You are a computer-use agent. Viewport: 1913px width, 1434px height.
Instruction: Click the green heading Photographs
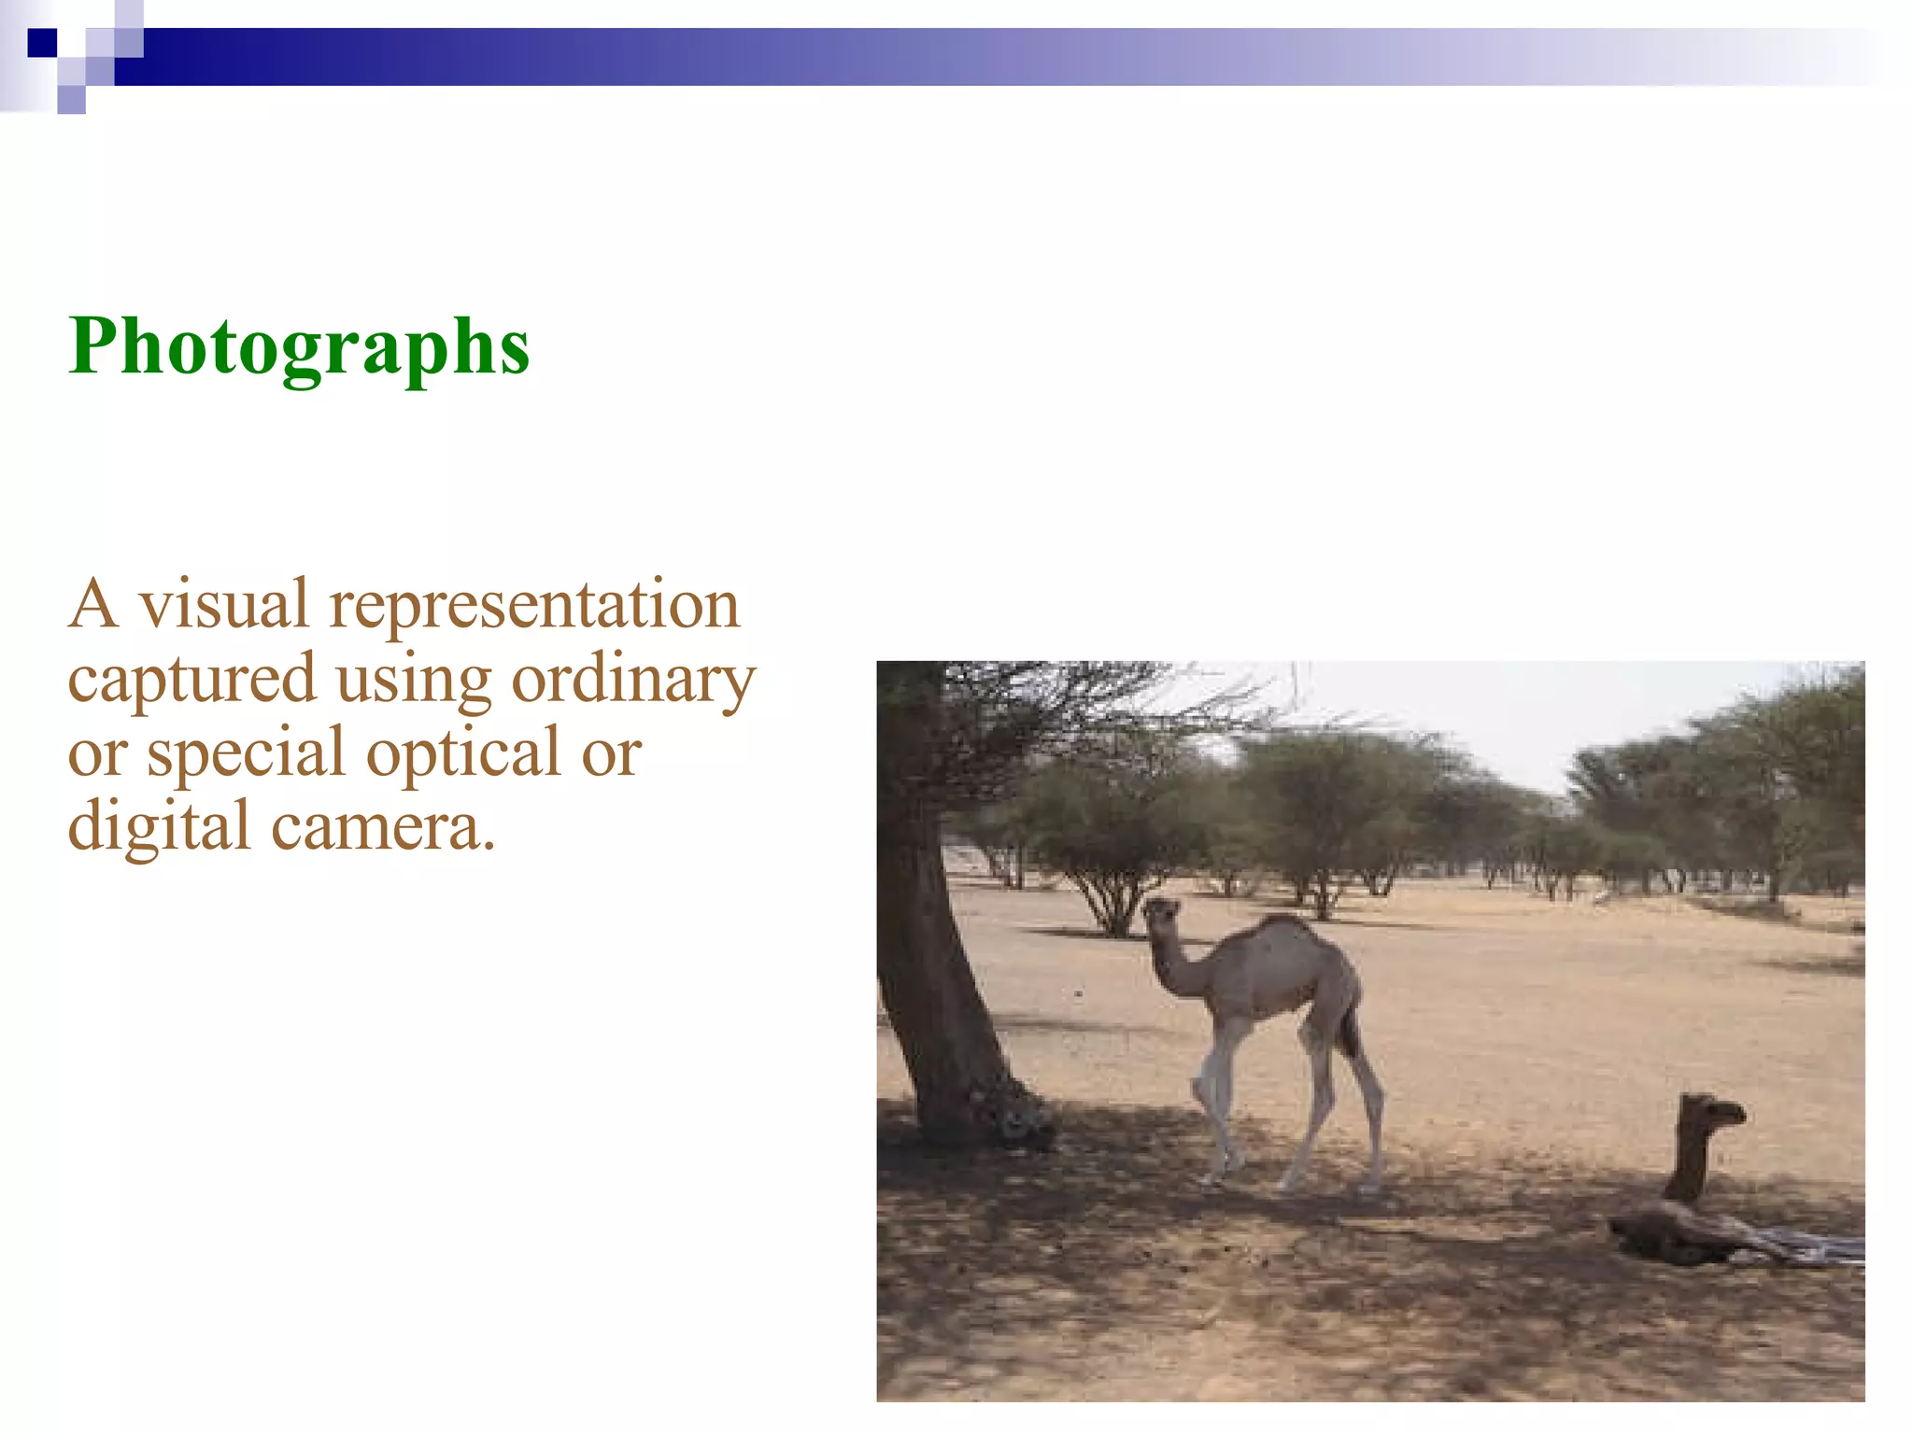pos(299,347)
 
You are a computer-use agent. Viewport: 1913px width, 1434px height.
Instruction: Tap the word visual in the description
pos(224,605)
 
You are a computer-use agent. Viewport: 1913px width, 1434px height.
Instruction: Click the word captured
pos(191,680)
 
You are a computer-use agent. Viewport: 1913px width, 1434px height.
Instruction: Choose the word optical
pos(463,752)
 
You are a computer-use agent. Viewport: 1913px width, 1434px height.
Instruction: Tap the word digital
pos(159,827)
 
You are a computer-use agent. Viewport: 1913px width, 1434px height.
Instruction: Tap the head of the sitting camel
pos(1714,1111)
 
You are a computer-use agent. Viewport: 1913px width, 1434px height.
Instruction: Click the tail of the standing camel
pos(1349,1032)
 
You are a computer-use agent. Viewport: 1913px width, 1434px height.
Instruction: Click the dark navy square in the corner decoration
pos(42,43)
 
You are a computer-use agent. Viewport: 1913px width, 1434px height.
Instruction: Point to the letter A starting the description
pos(94,605)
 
